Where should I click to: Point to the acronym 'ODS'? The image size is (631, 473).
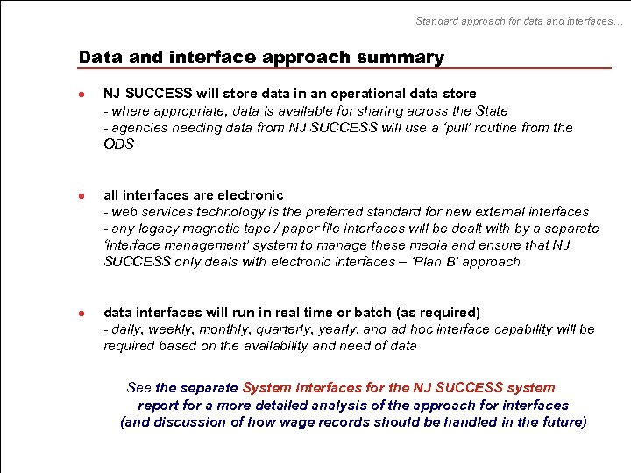(x=118, y=144)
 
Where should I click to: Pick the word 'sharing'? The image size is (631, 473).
(x=372, y=110)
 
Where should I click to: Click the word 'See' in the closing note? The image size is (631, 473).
(x=139, y=387)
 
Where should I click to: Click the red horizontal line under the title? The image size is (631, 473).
(x=344, y=68)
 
